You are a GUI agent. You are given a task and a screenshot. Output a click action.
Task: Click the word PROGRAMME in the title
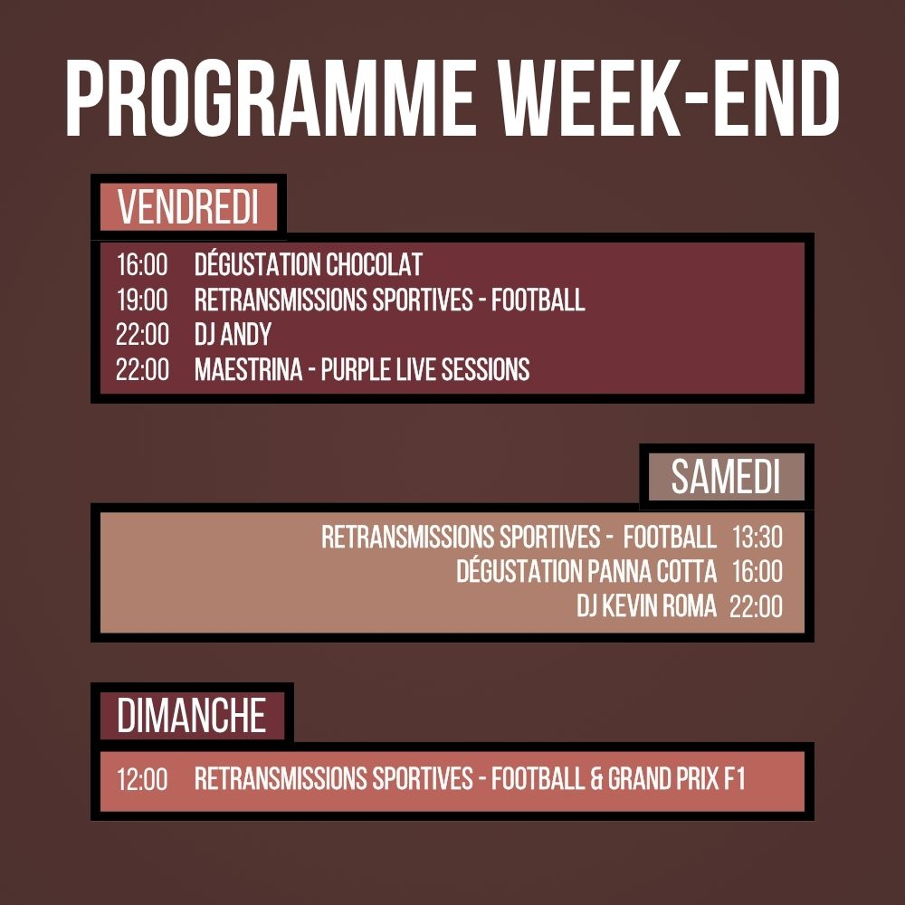269,100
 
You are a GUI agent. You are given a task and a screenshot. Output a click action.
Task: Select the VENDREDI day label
188,207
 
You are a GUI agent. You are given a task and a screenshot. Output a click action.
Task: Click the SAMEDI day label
725,477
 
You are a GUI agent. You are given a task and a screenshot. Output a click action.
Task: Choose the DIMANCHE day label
191,716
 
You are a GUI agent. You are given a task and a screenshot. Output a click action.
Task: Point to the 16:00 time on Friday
142,265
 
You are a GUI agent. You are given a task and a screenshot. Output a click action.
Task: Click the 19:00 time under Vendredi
142,300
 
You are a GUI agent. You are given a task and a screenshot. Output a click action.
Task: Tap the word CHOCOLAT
374,265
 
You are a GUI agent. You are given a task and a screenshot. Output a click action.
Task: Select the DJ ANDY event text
233,335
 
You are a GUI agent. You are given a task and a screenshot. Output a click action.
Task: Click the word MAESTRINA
248,369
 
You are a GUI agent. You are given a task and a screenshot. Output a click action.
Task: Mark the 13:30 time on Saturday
757,538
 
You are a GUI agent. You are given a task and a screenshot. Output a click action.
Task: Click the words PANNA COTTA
652,572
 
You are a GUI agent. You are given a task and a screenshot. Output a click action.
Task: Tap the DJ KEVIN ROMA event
646,606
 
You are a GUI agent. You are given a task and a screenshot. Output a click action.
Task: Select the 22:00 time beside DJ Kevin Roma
756,606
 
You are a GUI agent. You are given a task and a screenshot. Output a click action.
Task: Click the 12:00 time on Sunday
142,779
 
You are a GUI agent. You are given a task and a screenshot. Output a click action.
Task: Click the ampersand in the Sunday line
596,779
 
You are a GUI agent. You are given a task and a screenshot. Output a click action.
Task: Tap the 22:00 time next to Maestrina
142,369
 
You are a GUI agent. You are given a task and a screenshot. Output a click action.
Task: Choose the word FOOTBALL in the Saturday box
670,538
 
